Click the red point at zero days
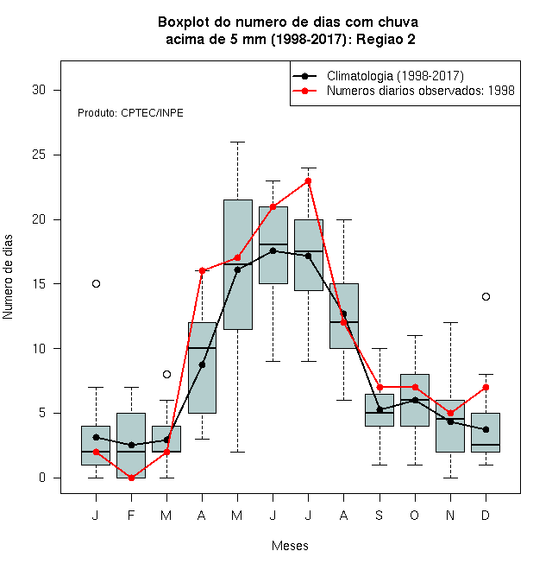131,478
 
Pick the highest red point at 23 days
308,180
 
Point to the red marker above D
486,388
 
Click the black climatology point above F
131,445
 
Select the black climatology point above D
486,429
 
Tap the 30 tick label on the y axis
39,90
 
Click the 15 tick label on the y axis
39,283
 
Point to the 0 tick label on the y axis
42,478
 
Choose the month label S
379,515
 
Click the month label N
450,515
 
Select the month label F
131,515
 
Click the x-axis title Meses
290,546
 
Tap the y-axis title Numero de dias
8,277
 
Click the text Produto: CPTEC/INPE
130,113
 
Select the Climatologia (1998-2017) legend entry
378,76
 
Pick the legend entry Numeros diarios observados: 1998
404,91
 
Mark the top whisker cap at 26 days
237,142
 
